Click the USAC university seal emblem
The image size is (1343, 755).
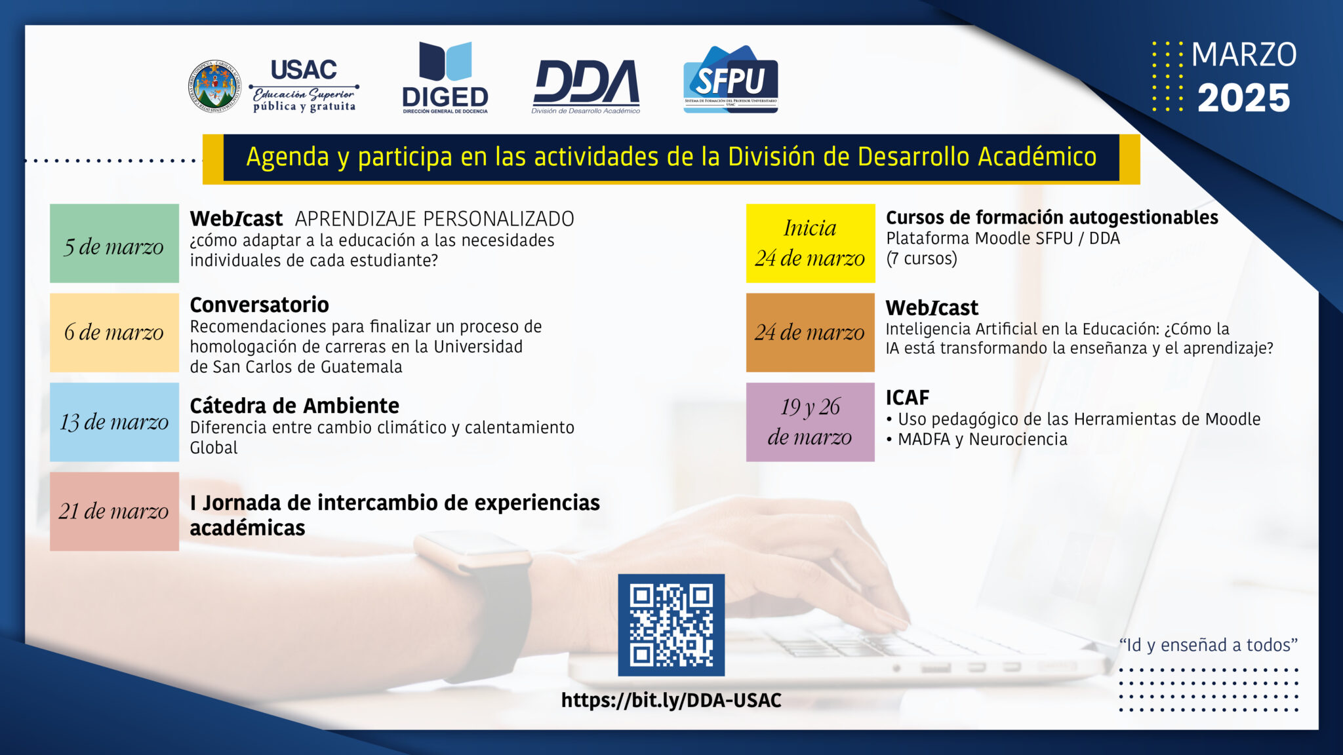[214, 86]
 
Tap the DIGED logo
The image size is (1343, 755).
[445, 77]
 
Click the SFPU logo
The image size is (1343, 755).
[731, 79]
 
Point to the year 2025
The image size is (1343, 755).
[1243, 98]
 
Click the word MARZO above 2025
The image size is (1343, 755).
[1244, 54]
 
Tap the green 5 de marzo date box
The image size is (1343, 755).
[114, 243]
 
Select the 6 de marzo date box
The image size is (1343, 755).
[114, 332]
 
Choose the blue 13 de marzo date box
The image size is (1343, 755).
[114, 422]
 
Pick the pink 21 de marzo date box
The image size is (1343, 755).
[114, 511]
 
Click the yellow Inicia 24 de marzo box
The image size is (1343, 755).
[811, 243]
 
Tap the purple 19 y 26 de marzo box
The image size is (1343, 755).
[811, 422]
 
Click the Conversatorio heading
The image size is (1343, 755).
[259, 305]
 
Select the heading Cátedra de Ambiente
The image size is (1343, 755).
[294, 406]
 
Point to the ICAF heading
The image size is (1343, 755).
[908, 398]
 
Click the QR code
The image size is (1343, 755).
[671, 625]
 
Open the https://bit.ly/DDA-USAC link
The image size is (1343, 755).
[671, 701]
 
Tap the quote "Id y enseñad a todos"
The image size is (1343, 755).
[1209, 645]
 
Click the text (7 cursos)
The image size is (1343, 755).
[921, 258]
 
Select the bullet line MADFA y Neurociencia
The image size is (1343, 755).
[976, 439]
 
